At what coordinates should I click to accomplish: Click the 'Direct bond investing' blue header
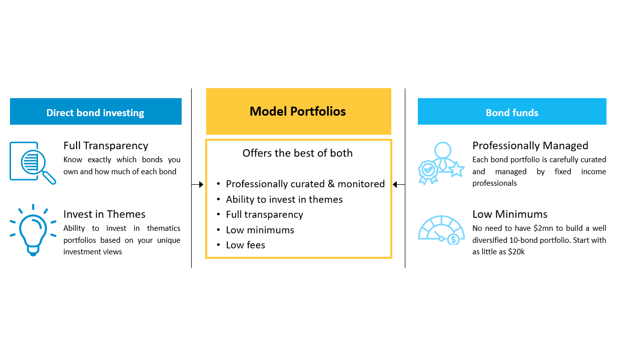[96, 112]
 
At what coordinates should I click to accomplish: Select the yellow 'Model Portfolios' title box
[298, 111]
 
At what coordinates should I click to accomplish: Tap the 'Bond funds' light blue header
[512, 112]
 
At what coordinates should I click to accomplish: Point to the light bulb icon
[33, 230]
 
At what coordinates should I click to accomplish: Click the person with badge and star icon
[441, 163]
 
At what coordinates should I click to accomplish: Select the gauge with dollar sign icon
[441, 230]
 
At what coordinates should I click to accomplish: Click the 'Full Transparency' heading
[106, 146]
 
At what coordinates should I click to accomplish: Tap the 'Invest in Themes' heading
[104, 214]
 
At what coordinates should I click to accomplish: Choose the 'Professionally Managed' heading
[530, 146]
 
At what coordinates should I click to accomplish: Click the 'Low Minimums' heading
[510, 214]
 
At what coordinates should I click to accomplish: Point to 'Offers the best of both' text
[297, 153]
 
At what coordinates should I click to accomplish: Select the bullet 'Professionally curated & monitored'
[305, 184]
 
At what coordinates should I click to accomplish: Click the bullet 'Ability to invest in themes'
[284, 199]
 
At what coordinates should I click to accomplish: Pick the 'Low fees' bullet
[245, 245]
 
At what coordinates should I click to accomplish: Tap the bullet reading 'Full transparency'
[264, 214]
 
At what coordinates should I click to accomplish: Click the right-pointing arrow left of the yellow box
[198, 185]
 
